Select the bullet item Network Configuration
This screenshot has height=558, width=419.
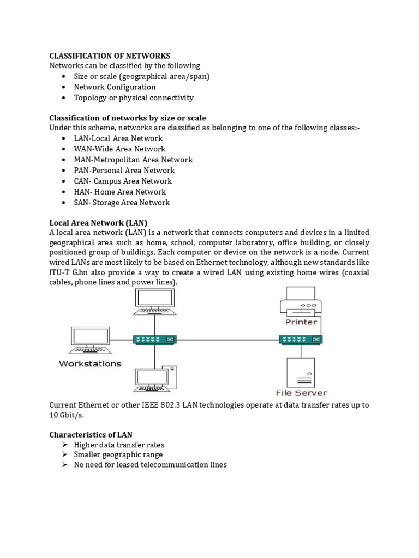115,87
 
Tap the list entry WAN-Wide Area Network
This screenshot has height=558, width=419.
119,149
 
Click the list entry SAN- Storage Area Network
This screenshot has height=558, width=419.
122,203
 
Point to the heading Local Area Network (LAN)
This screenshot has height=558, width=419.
98,223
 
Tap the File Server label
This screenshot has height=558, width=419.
301,392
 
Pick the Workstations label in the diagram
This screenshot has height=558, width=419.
90,363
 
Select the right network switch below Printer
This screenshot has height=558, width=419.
301,340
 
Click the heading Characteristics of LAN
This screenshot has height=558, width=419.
92,434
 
